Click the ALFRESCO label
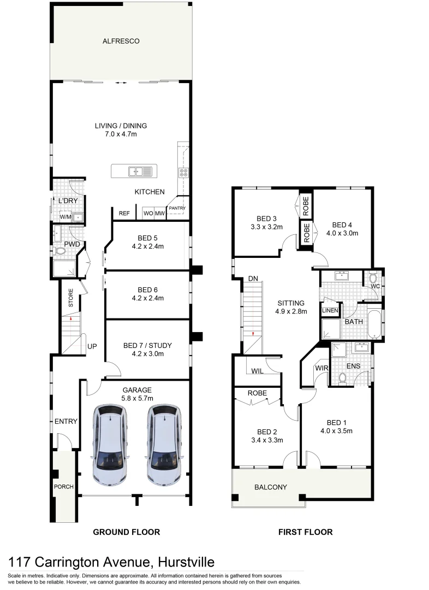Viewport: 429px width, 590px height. tap(121, 41)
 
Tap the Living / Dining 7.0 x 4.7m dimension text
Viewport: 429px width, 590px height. tap(121, 134)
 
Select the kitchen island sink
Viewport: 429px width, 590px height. tap(134, 172)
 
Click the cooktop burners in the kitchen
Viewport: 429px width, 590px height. tap(183, 173)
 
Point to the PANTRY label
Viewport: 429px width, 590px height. tap(177, 208)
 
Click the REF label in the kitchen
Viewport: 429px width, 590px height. tap(124, 214)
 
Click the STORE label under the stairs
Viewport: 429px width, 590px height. tap(70, 300)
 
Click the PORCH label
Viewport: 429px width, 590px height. tap(63, 487)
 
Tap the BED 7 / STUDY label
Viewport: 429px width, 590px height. tap(147, 345)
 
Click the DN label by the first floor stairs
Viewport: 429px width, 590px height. tap(253, 279)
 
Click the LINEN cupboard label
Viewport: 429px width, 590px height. tap(330, 311)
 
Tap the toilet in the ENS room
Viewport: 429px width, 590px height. tap(343, 377)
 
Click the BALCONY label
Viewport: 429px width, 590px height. tap(271, 487)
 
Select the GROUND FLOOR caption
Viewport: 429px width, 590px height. tap(126, 532)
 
